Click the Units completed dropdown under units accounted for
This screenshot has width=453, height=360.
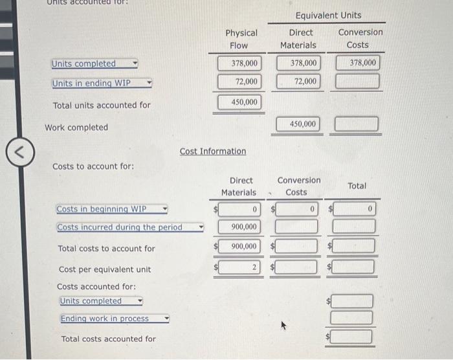94,63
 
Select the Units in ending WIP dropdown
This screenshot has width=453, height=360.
102,83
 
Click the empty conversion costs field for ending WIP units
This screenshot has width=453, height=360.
357,82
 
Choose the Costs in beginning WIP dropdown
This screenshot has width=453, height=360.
112,209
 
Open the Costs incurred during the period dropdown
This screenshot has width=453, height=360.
129,227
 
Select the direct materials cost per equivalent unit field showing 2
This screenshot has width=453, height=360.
240,267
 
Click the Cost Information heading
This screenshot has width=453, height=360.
212,152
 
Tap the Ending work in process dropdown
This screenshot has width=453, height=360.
115,319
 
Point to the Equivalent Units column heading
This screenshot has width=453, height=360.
328,15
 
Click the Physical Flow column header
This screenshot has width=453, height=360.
241,39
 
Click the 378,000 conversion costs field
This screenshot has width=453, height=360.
357,63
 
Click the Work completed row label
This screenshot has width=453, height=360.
76,128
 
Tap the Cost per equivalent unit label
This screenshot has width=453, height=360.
105,269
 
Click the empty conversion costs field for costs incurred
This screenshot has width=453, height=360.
296,227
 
